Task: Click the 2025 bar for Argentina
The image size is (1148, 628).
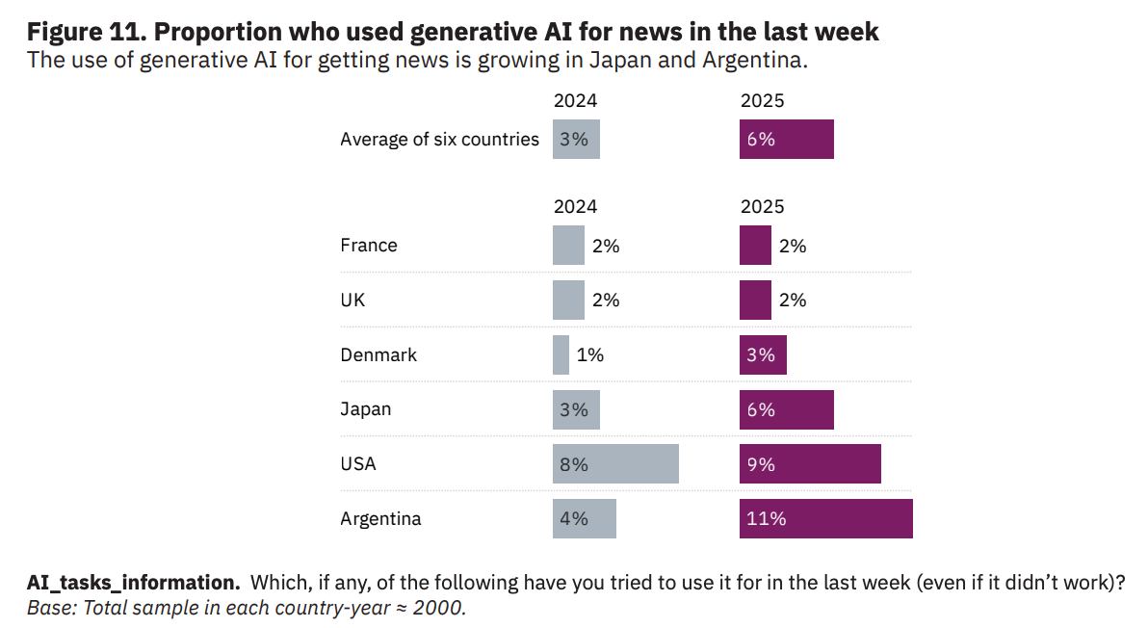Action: pos(825,518)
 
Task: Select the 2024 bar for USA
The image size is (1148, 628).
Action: pos(615,463)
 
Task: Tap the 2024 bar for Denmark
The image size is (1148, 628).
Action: pos(561,354)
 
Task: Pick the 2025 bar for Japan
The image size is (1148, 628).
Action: pos(786,409)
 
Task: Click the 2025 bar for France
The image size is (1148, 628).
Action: pos(755,245)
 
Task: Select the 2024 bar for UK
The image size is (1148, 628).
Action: pos(568,300)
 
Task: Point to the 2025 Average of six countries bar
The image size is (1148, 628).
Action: pos(786,139)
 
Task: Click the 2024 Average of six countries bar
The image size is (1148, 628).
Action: pos(576,139)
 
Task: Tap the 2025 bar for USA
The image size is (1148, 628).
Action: pos(810,463)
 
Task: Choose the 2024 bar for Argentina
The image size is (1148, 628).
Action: pos(584,518)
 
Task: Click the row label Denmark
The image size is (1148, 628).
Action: pos(378,354)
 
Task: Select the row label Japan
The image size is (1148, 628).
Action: pos(366,409)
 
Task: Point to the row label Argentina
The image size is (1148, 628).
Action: pos(380,518)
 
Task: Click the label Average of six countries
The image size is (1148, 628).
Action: pos(439,139)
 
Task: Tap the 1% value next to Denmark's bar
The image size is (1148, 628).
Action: pos(589,354)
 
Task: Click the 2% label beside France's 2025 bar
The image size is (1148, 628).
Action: pos(792,246)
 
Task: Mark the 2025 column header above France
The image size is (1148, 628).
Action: pos(762,206)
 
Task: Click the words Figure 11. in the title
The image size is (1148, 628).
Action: pos(86,31)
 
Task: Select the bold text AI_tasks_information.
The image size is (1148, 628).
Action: pos(133,583)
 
